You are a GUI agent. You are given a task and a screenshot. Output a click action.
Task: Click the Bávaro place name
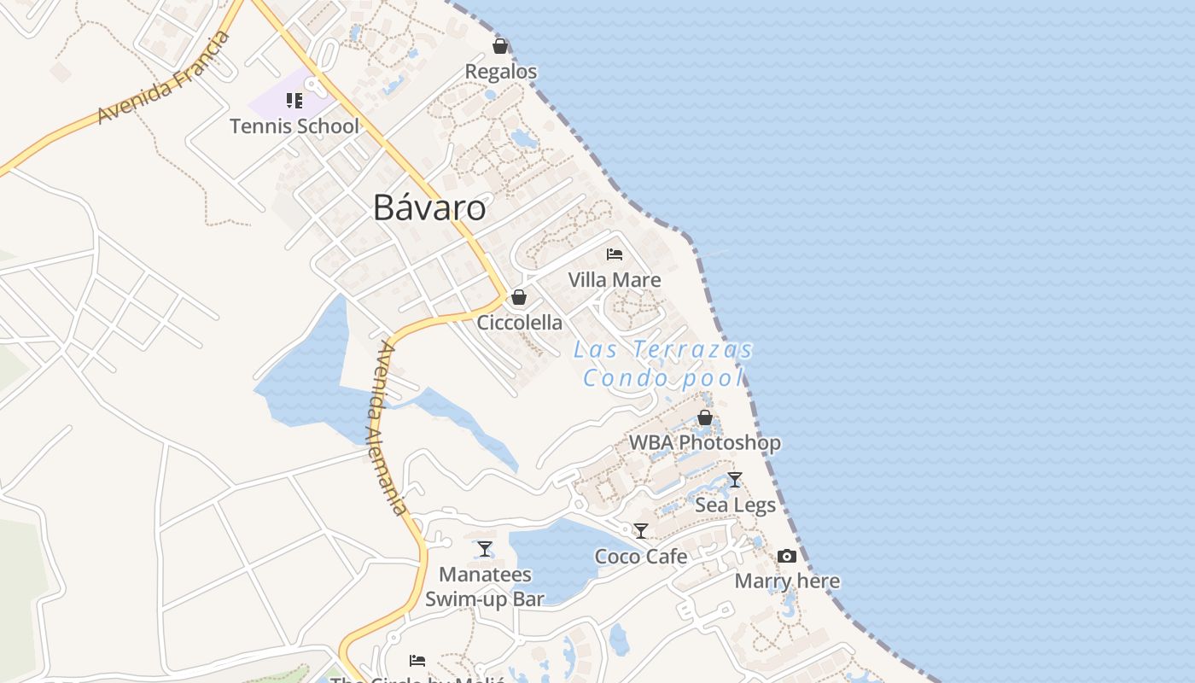pos(430,208)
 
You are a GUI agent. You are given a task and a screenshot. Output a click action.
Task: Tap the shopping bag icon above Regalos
pos(500,46)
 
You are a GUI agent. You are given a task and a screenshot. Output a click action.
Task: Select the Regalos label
pos(501,72)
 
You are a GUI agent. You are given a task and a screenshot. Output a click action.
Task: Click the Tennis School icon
pos(294,101)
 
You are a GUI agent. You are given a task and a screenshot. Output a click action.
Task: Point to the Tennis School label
pos(294,126)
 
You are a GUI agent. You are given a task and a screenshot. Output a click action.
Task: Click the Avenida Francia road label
pos(164,79)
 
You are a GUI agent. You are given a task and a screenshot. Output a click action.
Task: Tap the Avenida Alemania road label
pos(389,428)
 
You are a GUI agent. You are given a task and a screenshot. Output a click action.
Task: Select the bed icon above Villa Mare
pos(615,254)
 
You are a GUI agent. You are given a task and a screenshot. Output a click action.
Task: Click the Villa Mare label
pos(615,280)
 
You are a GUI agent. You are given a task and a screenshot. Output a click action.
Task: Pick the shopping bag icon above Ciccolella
pos(518,297)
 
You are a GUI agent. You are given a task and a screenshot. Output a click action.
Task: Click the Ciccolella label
pos(519,323)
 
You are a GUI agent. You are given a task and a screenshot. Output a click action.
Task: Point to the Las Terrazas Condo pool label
pos(663,364)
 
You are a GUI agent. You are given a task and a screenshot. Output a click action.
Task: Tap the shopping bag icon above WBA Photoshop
pos(705,417)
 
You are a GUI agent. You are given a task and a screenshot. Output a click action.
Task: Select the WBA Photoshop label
pos(705,443)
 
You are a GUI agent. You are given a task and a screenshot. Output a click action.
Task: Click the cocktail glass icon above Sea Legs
pos(735,480)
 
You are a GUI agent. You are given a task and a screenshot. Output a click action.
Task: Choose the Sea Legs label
pos(735,505)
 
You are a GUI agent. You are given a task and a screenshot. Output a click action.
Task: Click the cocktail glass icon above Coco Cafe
pos(641,531)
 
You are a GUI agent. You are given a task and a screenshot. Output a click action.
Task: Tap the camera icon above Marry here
pos(787,557)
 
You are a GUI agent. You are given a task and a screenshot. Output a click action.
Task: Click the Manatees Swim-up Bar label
pos(485,587)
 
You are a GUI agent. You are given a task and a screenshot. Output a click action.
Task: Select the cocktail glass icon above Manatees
pos(485,549)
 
